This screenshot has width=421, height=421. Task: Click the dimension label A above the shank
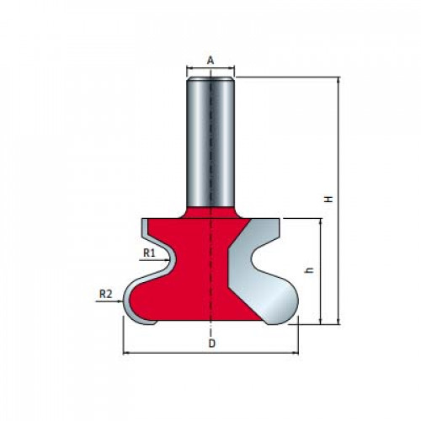pyautogui.click(x=210, y=60)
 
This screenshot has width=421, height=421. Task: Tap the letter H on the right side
pyautogui.click(x=328, y=199)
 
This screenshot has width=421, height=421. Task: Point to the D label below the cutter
pyautogui.click(x=212, y=344)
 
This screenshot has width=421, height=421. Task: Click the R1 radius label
pyautogui.click(x=149, y=253)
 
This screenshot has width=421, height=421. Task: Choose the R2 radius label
pyautogui.click(x=106, y=294)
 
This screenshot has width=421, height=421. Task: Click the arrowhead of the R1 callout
pyautogui.click(x=167, y=260)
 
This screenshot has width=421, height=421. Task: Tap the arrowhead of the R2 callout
pyautogui.click(x=121, y=301)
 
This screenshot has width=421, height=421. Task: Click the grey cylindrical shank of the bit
pyautogui.click(x=210, y=141)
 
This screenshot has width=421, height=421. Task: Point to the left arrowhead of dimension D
pyautogui.click(x=126, y=354)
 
